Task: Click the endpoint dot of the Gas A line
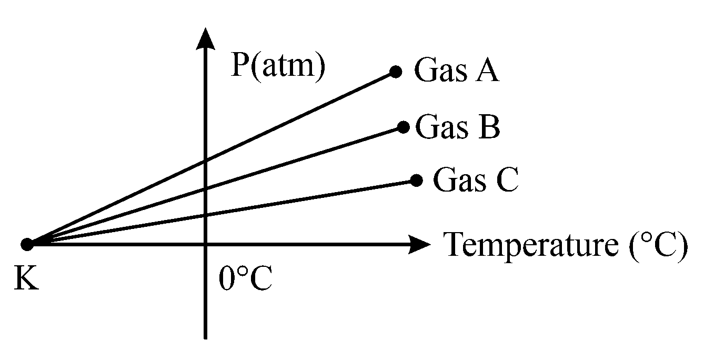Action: [396, 72]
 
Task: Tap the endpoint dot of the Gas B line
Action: [404, 127]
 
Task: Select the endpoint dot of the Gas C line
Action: [416, 181]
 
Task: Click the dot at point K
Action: [27, 244]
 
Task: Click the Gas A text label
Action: [456, 71]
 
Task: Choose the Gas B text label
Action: [457, 127]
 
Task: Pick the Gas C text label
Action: [476, 180]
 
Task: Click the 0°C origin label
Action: [245, 279]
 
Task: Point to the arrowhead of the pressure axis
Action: [205, 39]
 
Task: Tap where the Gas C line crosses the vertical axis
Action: [205, 216]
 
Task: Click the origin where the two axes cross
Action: [205, 244]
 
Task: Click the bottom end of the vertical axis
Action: [205, 337]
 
